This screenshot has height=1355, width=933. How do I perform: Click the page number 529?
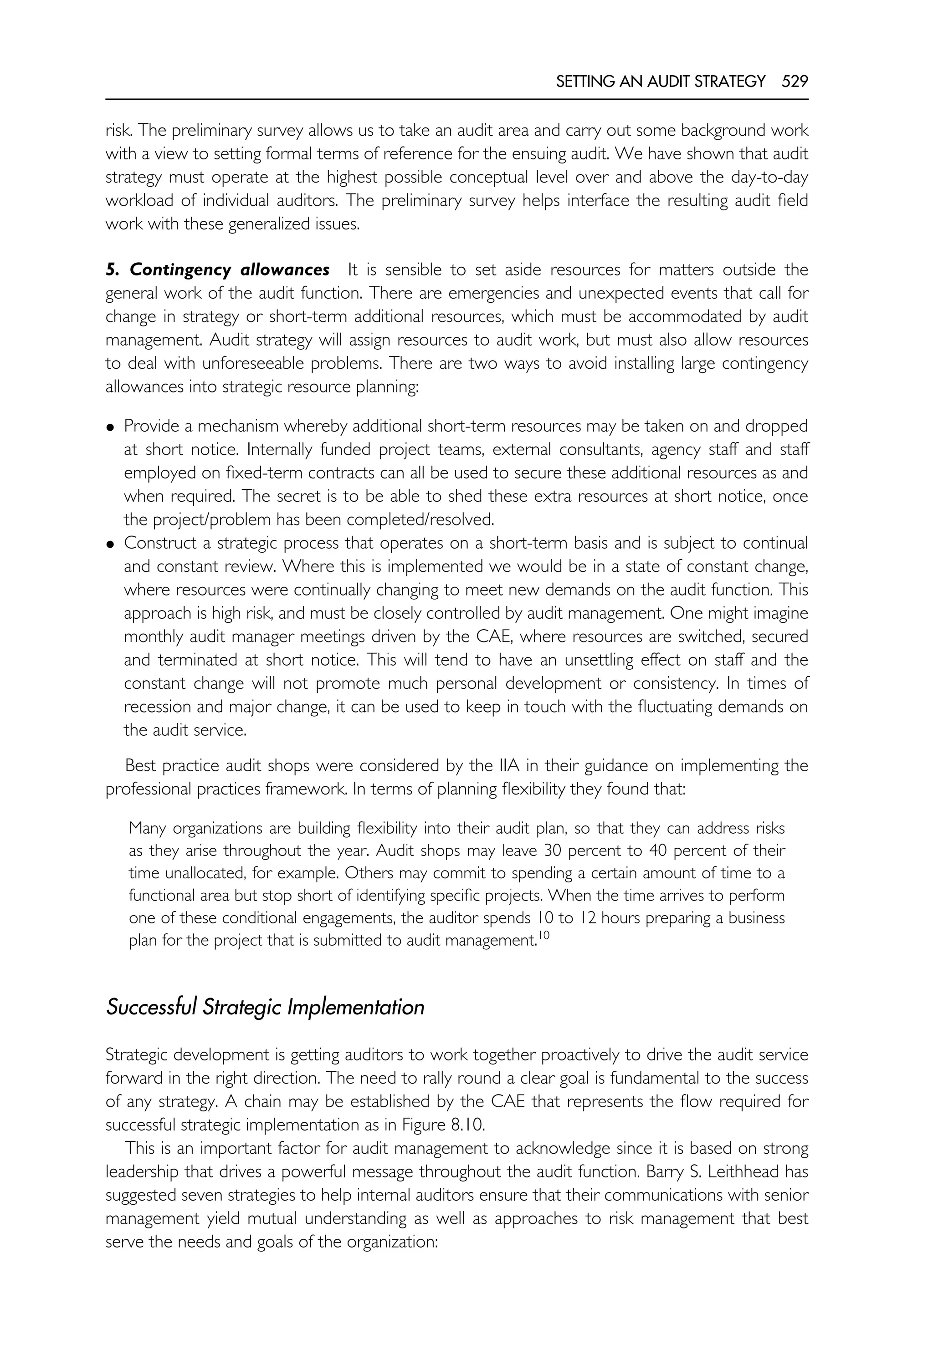pos(795,82)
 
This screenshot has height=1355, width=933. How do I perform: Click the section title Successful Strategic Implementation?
pos(265,1007)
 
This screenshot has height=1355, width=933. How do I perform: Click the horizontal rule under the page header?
pos(456,99)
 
